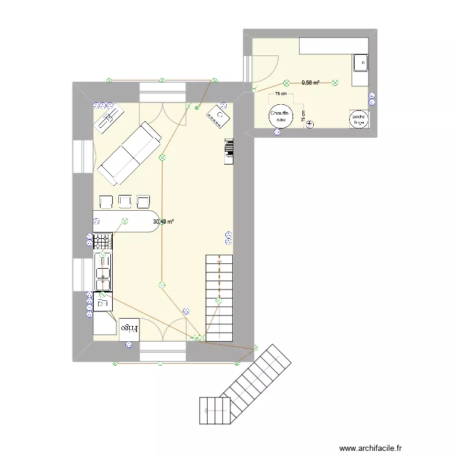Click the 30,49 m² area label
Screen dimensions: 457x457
pyautogui.click(x=163, y=222)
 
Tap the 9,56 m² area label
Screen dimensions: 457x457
pyautogui.click(x=311, y=82)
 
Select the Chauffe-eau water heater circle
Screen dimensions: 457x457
pyautogui.click(x=280, y=116)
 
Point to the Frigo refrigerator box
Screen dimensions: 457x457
pyautogui.click(x=129, y=329)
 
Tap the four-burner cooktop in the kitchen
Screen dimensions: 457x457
pyautogui.click(x=103, y=241)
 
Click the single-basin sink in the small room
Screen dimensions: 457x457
pyautogui.click(x=360, y=62)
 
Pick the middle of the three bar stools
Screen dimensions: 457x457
pyautogui.click(x=126, y=202)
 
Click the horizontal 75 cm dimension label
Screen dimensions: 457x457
pyautogui.click(x=280, y=94)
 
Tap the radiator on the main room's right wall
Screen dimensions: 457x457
pyautogui.click(x=229, y=151)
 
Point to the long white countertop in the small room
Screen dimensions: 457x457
pyautogui.click(x=333, y=45)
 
